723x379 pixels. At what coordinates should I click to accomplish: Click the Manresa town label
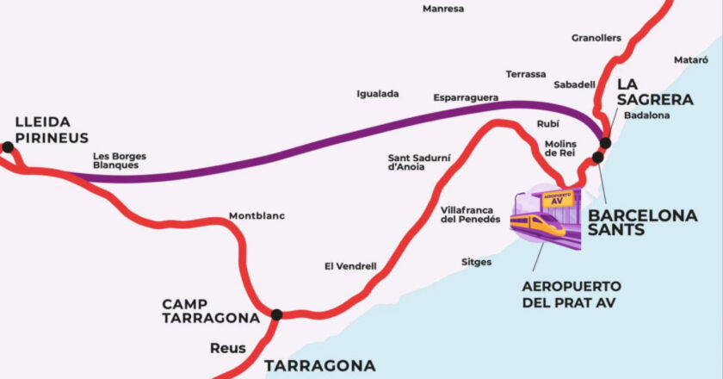tap(443, 9)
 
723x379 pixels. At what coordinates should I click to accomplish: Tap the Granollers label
tap(596, 38)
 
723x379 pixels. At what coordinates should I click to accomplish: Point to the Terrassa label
tap(526, 74)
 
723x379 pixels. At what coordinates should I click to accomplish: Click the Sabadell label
tap(574, 84)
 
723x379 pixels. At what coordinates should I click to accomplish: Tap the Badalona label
tap(646, 114)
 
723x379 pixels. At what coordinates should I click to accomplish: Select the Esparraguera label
tap(466, 98)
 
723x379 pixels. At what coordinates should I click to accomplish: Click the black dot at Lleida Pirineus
tap(8, 147)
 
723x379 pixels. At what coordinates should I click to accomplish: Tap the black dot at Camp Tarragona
tap(276, 315)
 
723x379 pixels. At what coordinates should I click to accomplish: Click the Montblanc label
tap(256, 215)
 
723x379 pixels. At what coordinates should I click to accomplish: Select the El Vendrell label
tap(350, 266)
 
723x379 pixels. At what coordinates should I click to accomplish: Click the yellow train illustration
tap(537, 225)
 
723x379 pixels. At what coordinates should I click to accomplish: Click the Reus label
tap(228, 349)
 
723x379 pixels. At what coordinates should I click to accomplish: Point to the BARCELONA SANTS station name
tap(642, 222)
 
